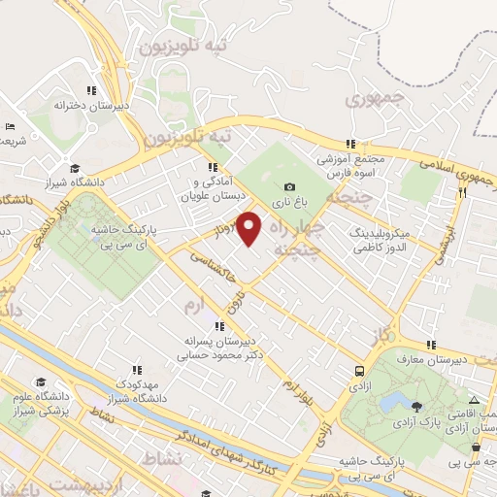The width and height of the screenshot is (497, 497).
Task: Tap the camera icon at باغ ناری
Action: (289, 187)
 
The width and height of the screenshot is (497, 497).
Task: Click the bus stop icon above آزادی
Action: (359, 371)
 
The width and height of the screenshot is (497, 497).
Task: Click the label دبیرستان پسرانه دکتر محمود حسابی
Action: (220, 348)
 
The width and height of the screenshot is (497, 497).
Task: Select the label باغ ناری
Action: (289, 204)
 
